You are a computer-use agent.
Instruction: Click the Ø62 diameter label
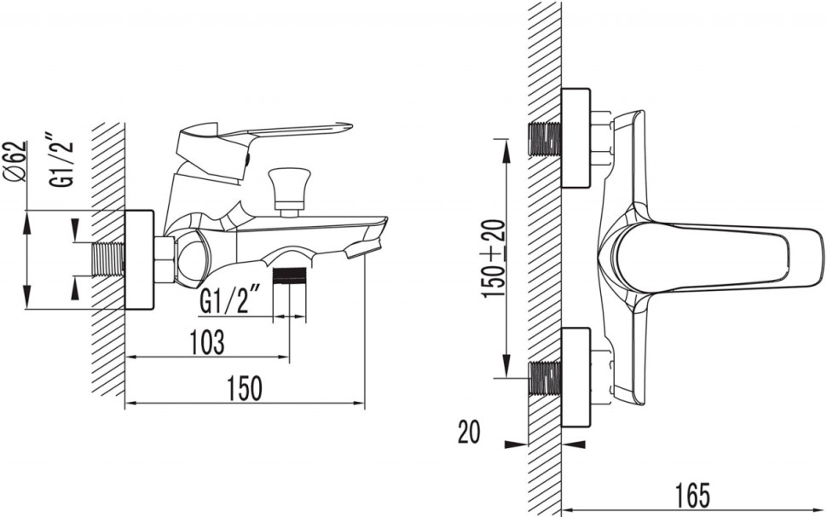15,161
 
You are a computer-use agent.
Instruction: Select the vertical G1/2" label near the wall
61,164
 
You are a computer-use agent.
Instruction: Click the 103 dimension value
206,342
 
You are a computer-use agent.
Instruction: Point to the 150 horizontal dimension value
244,388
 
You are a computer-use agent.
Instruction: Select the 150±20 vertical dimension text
494,258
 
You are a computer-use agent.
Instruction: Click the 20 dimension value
469,432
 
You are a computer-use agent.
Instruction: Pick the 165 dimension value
692,495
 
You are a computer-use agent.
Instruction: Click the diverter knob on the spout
288,192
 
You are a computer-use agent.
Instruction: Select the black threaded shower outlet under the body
290,276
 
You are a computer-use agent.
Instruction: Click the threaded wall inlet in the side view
108,259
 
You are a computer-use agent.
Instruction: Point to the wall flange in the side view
139,259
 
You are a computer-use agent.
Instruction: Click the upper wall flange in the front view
576,138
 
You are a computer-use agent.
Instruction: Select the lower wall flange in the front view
576,378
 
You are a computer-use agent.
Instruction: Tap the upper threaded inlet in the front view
546,138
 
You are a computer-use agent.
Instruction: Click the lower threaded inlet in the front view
546,378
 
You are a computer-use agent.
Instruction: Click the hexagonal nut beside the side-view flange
164,259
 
